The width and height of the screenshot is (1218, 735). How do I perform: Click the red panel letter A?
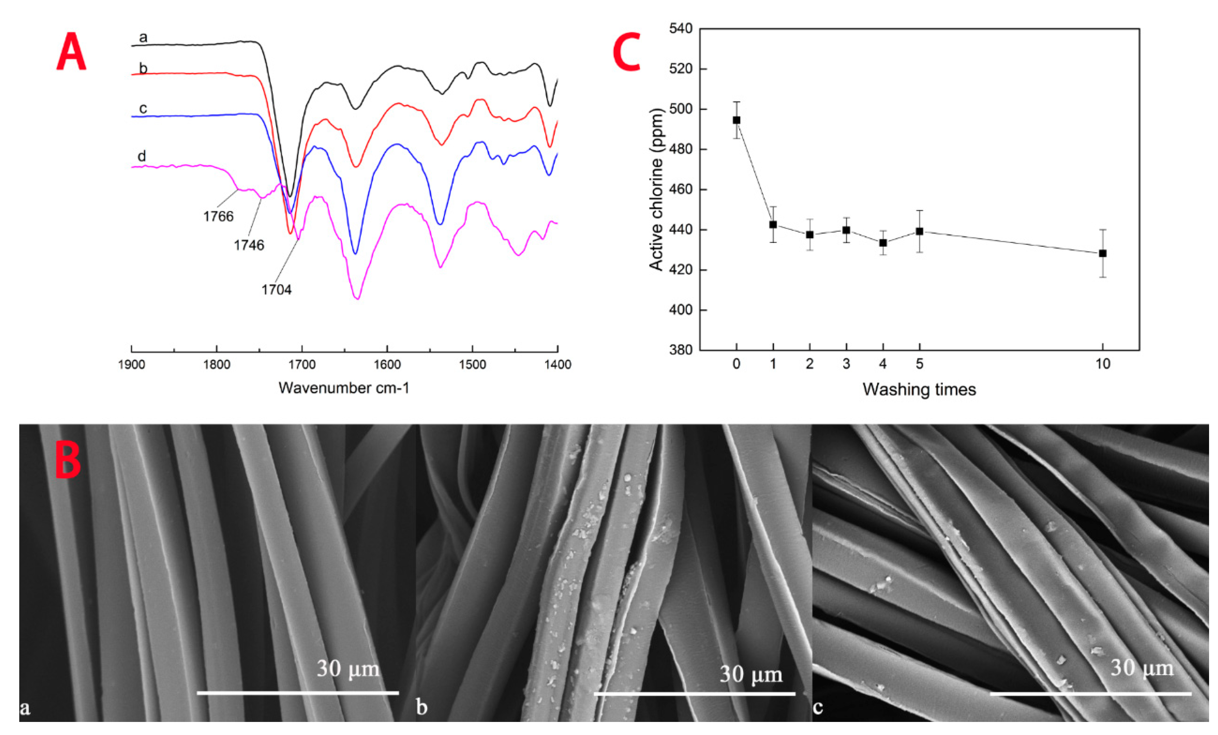click(x=71, y=52)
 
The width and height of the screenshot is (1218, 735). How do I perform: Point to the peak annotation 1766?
click(x=218, y=216)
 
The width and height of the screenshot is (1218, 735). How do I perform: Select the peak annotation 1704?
click(x=276, y=289)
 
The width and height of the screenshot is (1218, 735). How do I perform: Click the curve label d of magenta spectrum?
click(x=142, y=157)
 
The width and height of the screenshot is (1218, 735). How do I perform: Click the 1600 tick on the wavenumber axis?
click(x=387, y=365)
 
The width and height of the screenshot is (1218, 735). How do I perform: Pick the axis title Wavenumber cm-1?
click(x=344, y=388)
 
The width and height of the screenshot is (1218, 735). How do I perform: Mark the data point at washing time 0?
click(x=737, y=120)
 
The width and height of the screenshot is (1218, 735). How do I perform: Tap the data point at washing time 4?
click(x=883, y=243)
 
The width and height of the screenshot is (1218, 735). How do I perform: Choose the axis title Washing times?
click(x=919, y=390)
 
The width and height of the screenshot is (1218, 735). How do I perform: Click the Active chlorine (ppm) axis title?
click(x=656, y=190)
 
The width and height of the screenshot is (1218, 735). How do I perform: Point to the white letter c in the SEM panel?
click(x=818, y=707)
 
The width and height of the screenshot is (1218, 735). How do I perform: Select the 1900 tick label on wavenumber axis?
click(x=132, y=365)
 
